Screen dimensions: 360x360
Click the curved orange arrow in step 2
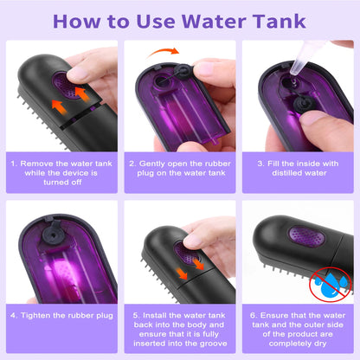pos(162,55)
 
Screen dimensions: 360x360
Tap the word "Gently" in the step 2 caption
pos(157,162)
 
